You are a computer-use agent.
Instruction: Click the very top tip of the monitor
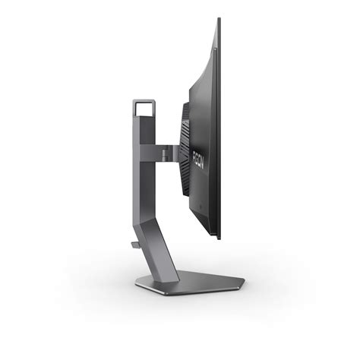tap(219, 19)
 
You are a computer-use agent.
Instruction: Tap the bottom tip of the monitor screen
tap(219, 238)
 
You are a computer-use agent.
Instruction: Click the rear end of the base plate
tap(137, 283)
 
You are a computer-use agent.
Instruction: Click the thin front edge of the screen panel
tap(219, 129)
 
